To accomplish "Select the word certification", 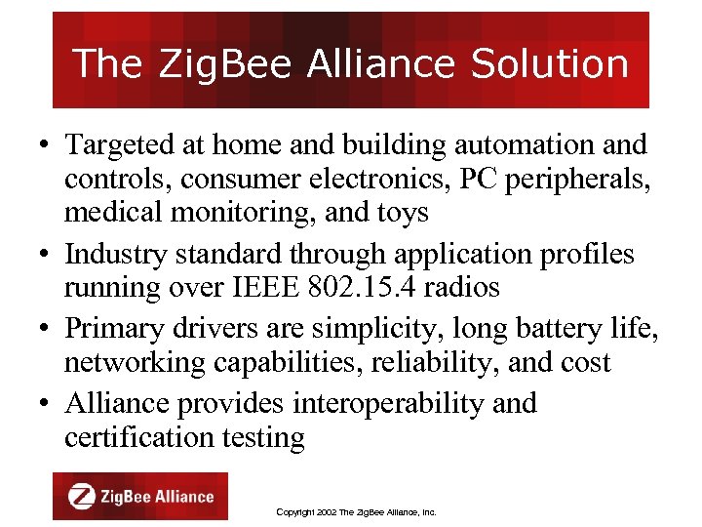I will click(x=132, y=437).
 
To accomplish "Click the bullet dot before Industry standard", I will click(x=47, y=256).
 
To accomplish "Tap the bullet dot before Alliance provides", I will click(x=47, y=402).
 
